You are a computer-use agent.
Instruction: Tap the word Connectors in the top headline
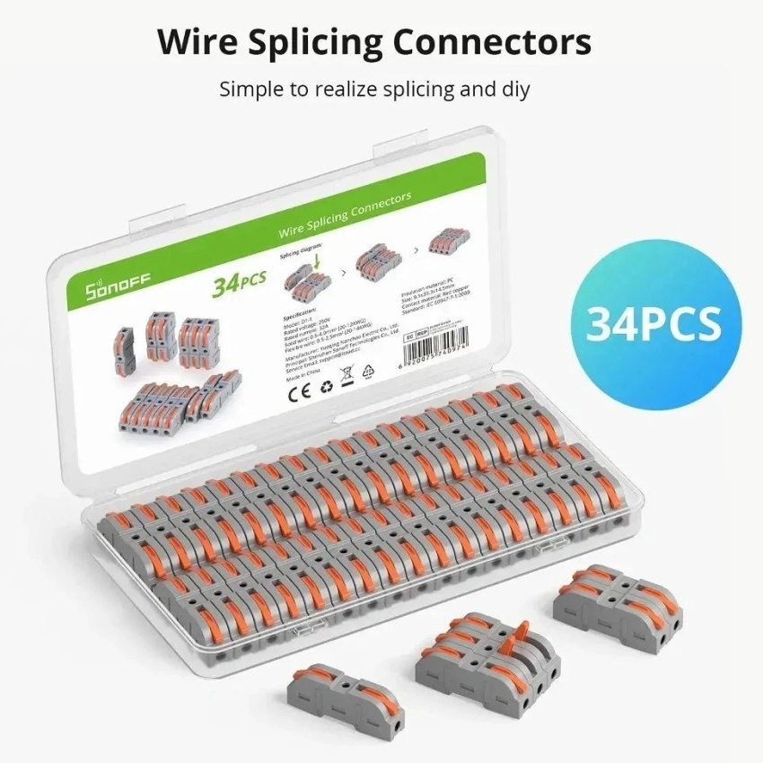[499, 42]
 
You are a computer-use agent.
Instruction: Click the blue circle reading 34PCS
[653, 324]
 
